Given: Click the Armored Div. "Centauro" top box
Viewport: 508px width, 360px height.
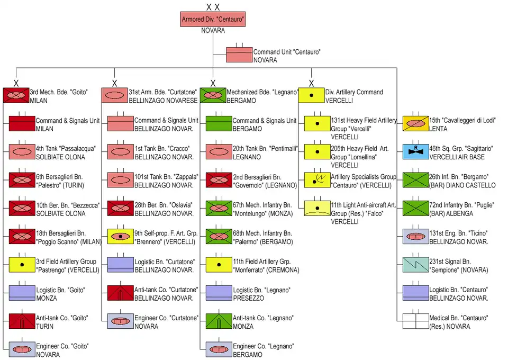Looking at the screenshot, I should click(x=213, y=19).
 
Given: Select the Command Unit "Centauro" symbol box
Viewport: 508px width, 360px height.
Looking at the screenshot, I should click(x=239, y=55).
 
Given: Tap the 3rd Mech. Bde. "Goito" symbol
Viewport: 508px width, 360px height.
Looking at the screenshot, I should click(x=16, y=95).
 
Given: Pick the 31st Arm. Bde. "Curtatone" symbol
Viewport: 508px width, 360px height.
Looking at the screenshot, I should click(x=114, y=95).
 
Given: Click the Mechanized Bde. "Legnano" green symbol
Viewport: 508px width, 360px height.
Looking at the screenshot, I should click(x=213, y=95).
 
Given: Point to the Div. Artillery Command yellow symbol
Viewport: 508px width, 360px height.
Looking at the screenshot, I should click(x=311, y=95).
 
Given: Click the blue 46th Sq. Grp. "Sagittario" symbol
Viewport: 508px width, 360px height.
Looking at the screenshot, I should click(x=416, y=152).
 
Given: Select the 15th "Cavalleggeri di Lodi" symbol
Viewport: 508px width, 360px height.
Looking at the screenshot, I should click(x=416, y=123).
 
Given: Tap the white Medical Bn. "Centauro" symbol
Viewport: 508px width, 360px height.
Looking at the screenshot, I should click(x=416, y=322).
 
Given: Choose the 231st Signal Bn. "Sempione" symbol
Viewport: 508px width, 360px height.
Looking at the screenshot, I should click(x=416, y=265).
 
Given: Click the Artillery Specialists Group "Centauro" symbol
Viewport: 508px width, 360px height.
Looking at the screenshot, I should click(x=317, y=181).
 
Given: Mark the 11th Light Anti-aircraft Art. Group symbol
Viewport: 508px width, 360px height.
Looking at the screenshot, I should click(x=317, y=209).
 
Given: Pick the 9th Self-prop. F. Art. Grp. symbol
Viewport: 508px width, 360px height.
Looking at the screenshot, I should click(x=121, y=237).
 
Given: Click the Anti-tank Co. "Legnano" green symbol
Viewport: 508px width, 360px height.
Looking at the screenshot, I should click(x=219, y=322).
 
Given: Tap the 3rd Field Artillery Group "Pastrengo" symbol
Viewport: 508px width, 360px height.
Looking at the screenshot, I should click(x=22, y=265).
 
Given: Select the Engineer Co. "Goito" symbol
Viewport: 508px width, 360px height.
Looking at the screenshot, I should click(x=22, y=350).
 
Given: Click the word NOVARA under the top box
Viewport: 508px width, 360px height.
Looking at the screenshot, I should click(x=213, y=31).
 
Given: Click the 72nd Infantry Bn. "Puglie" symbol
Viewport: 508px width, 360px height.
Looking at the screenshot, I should click(x=416, y=209).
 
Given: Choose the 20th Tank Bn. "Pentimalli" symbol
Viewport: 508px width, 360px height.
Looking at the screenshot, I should click(x=219, y=152).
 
